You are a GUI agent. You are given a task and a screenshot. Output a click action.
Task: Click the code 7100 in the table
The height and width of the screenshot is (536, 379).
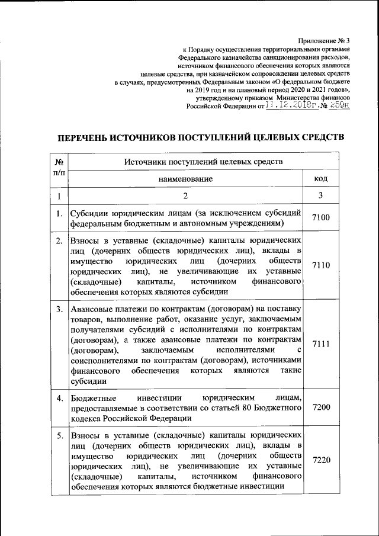[320, 218]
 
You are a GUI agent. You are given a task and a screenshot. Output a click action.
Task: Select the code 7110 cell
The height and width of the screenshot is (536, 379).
[320, 265]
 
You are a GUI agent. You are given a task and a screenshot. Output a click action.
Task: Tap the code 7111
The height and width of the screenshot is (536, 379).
[320, 345]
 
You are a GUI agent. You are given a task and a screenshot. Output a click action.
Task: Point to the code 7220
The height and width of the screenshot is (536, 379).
[320, 460]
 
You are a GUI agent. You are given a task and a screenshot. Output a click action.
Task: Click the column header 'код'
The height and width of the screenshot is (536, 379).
[320, 178]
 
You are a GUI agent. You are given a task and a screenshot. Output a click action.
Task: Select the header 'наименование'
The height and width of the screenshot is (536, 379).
[185, 178]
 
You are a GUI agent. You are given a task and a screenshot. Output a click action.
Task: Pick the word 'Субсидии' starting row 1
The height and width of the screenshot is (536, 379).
[90, 213]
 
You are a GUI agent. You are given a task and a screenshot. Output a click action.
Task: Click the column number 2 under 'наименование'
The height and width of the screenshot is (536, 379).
[185, 196]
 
